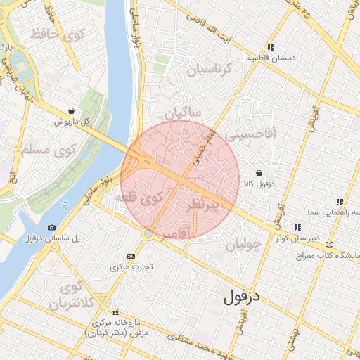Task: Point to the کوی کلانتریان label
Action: point(68,297)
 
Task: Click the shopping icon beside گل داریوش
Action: point(72,110)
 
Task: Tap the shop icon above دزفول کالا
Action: point(259,173)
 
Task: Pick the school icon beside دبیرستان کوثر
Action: point(298,227)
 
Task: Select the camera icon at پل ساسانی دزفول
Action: point(51,228)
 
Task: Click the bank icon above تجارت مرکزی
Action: point(130,256)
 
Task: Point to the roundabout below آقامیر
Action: point(148,233)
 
